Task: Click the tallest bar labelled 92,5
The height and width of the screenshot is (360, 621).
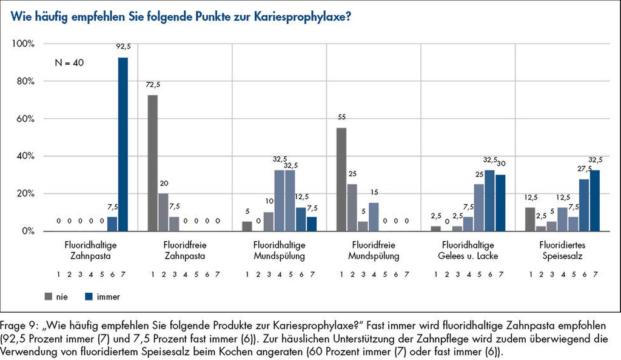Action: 123,144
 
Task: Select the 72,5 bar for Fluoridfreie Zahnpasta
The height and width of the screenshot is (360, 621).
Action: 153,163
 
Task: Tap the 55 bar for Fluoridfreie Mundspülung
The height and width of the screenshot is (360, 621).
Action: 341,179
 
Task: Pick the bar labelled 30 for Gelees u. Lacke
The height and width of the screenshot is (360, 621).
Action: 500,202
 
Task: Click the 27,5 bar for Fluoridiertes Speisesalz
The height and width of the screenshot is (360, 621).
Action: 584,205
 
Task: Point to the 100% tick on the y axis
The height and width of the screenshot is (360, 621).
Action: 24,44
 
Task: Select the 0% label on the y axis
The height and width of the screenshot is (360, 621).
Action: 28,231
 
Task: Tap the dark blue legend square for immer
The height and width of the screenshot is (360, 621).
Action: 88,296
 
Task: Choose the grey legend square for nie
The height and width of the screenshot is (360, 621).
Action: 49,296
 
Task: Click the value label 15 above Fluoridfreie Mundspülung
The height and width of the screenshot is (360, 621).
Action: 374,193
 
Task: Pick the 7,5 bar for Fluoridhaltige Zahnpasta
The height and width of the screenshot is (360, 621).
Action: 112,224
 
